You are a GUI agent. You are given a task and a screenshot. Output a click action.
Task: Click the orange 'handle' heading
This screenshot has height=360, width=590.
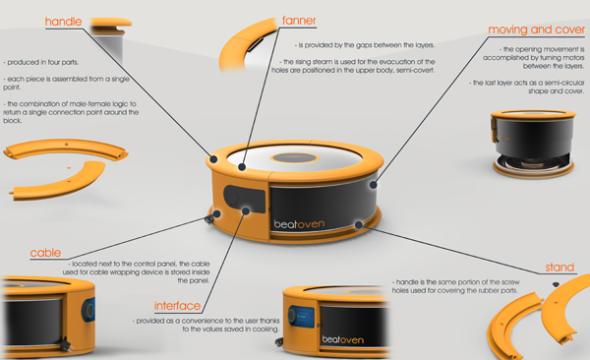click(63, 22)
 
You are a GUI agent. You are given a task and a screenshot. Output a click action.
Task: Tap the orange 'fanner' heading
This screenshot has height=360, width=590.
click(299, 21)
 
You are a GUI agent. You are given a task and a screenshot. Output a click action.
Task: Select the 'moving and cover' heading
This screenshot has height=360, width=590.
click(536, 30)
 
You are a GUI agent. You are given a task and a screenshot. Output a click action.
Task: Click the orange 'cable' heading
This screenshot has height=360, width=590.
click(45, 253)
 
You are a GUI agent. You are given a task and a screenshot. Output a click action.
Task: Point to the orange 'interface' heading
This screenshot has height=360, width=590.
click(177, 306)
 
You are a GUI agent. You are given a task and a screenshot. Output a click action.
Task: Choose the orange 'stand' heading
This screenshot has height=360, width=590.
click(560, 268)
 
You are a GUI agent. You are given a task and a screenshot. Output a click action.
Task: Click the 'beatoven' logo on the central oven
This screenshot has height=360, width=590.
click(299, 224)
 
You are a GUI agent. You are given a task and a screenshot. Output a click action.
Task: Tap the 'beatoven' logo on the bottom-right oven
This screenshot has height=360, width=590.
click(343, 340)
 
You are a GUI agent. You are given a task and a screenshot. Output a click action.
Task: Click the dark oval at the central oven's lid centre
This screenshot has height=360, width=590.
click(296, 157)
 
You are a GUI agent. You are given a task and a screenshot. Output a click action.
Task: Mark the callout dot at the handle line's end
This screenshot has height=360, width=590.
click(213, 159)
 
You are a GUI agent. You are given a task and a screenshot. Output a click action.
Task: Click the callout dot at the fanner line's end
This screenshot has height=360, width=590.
click(242, 167)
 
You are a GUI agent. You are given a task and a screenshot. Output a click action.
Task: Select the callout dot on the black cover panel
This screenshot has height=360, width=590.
click(373, 185)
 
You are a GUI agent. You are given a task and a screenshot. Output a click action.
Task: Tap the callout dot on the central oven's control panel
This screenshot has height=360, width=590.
click(246, 211)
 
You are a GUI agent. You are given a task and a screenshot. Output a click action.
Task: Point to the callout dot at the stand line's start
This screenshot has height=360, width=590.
click(359, 225)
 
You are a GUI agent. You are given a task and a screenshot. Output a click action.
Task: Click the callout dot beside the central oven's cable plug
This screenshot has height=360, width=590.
click(216, 214)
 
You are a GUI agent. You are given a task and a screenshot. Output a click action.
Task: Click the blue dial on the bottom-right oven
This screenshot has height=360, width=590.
click(292, 316)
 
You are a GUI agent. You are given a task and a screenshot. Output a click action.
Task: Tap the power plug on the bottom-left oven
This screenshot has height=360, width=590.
click(66, 345)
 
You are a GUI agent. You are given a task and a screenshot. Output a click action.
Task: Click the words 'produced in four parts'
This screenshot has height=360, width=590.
click(43, 63)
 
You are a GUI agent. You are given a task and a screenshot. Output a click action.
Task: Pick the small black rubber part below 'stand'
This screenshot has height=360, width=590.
click(556, 284)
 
